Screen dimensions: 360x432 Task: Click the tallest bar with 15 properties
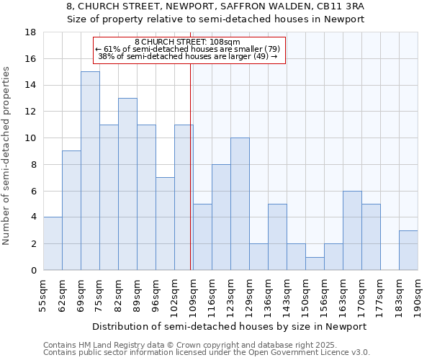[x=90, y=171]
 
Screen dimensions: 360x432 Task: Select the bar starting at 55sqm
[x=53, y=243]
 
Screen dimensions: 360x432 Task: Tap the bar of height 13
[x=127, y=184]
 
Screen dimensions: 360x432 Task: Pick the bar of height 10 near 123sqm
[x=240, y=204]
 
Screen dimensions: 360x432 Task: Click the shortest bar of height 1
[x=315, y=264]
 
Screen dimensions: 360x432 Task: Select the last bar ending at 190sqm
[x=408, y=250]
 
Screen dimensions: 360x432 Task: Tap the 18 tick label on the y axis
[x=31, y=32]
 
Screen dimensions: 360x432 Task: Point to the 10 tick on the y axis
[x=31, y=138]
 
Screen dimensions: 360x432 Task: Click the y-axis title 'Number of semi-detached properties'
[x=7, y=155]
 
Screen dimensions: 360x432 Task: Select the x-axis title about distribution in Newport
[x=230, y=326]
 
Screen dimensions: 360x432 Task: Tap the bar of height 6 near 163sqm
[x=352, y=230]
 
